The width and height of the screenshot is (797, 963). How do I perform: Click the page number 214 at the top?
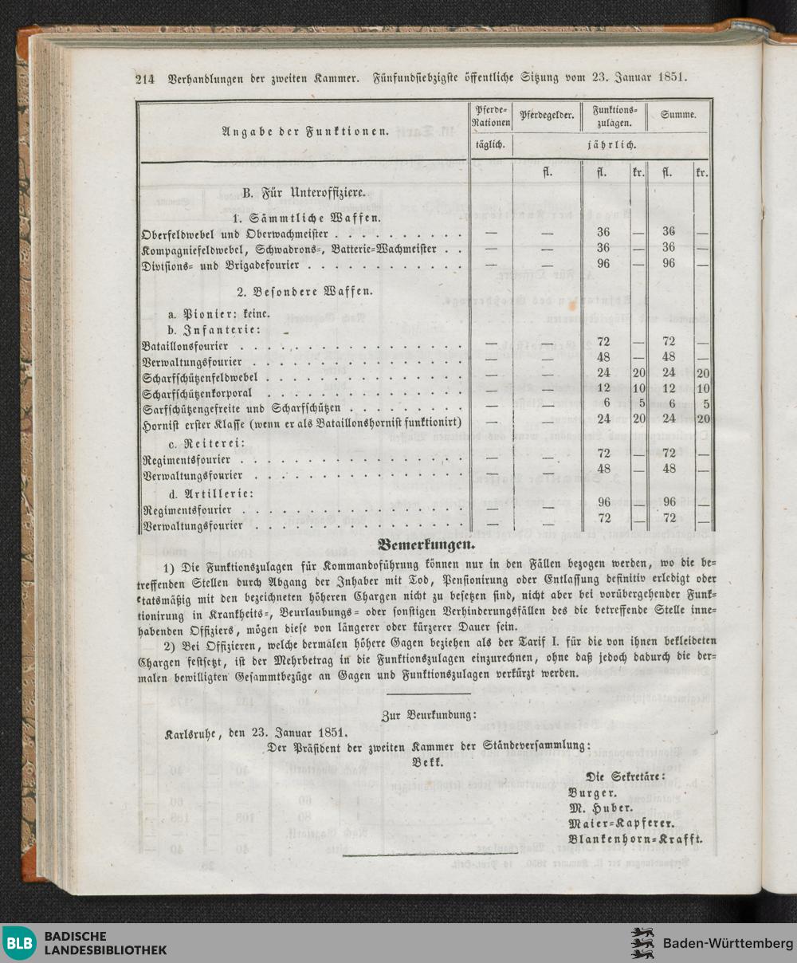(144, 79)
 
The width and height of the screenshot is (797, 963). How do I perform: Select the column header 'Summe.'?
(678, 115)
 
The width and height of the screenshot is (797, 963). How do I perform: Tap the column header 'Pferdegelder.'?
(547, 115)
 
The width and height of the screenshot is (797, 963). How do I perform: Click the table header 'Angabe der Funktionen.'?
(305, 132)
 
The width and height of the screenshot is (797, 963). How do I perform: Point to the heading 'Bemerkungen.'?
(426, 546)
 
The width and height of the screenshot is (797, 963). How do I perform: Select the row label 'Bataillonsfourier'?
(185, 346)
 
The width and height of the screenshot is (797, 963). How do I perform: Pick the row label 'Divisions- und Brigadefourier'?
(220, 264)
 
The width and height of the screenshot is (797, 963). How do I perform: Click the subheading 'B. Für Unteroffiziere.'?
(303, 192)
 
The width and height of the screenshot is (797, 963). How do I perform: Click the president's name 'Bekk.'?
(428, 761)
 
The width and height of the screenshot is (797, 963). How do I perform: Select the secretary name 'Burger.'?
(592, 792)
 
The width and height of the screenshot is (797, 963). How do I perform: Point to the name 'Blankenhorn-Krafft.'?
(635, 839)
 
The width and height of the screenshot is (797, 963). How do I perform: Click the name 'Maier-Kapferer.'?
(622, 823)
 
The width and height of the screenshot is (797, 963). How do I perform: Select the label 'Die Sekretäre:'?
(626, 776)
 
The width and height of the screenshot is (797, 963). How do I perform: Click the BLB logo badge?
(19, 943)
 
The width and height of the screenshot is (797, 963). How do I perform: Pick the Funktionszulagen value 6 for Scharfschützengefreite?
(606, 404)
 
